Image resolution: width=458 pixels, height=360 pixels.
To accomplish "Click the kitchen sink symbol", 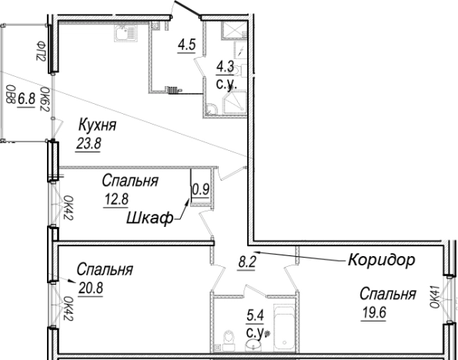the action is pyautogui.click(x=125, y=32).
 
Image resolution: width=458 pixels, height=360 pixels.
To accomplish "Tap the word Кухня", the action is pyautogui.click(x=98, y=125).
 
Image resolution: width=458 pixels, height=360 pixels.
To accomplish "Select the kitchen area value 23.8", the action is pyautogui.click(x=89, y=144).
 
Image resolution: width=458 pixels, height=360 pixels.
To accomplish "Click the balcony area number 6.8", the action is pyautogui.click(x=26, y=99).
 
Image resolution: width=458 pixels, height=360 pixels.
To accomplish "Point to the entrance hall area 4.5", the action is pyautogui.click(x=186, y=45).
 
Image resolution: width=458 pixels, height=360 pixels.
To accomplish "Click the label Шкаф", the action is pyautogui.click(x=150, y=218).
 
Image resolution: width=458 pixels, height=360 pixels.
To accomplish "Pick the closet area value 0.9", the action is pyautogui.click(x=200, y=189).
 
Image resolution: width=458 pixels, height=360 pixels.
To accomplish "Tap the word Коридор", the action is pyautogui.click(x=381, y=259).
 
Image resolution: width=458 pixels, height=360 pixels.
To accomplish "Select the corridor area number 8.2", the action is pyautogui.click(x=247, y=262).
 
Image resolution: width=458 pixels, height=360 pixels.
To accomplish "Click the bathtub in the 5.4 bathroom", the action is pyautogui.click(x=285, y=328).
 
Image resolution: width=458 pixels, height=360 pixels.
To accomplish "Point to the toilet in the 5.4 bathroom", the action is pyautogui.click(x=229, y=341).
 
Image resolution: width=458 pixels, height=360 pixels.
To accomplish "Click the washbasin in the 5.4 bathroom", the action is pyautogui.click(x=253, y=345).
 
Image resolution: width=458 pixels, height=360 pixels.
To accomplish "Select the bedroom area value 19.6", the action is pyautogui.click(x=374, y=313).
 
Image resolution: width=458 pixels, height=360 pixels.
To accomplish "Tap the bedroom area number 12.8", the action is pyautogui.click(x=116, y=200).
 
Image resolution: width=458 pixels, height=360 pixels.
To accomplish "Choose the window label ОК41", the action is pyautogui.click(x=435, y=297).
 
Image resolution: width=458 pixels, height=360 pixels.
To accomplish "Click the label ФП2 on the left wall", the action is pyautogui.click(x=41, y=51).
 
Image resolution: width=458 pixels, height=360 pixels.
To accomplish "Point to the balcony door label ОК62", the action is pyautogui.click(x=44, y=99).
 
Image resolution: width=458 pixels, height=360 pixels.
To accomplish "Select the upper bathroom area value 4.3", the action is pyautogui.click(x=225, y=68).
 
